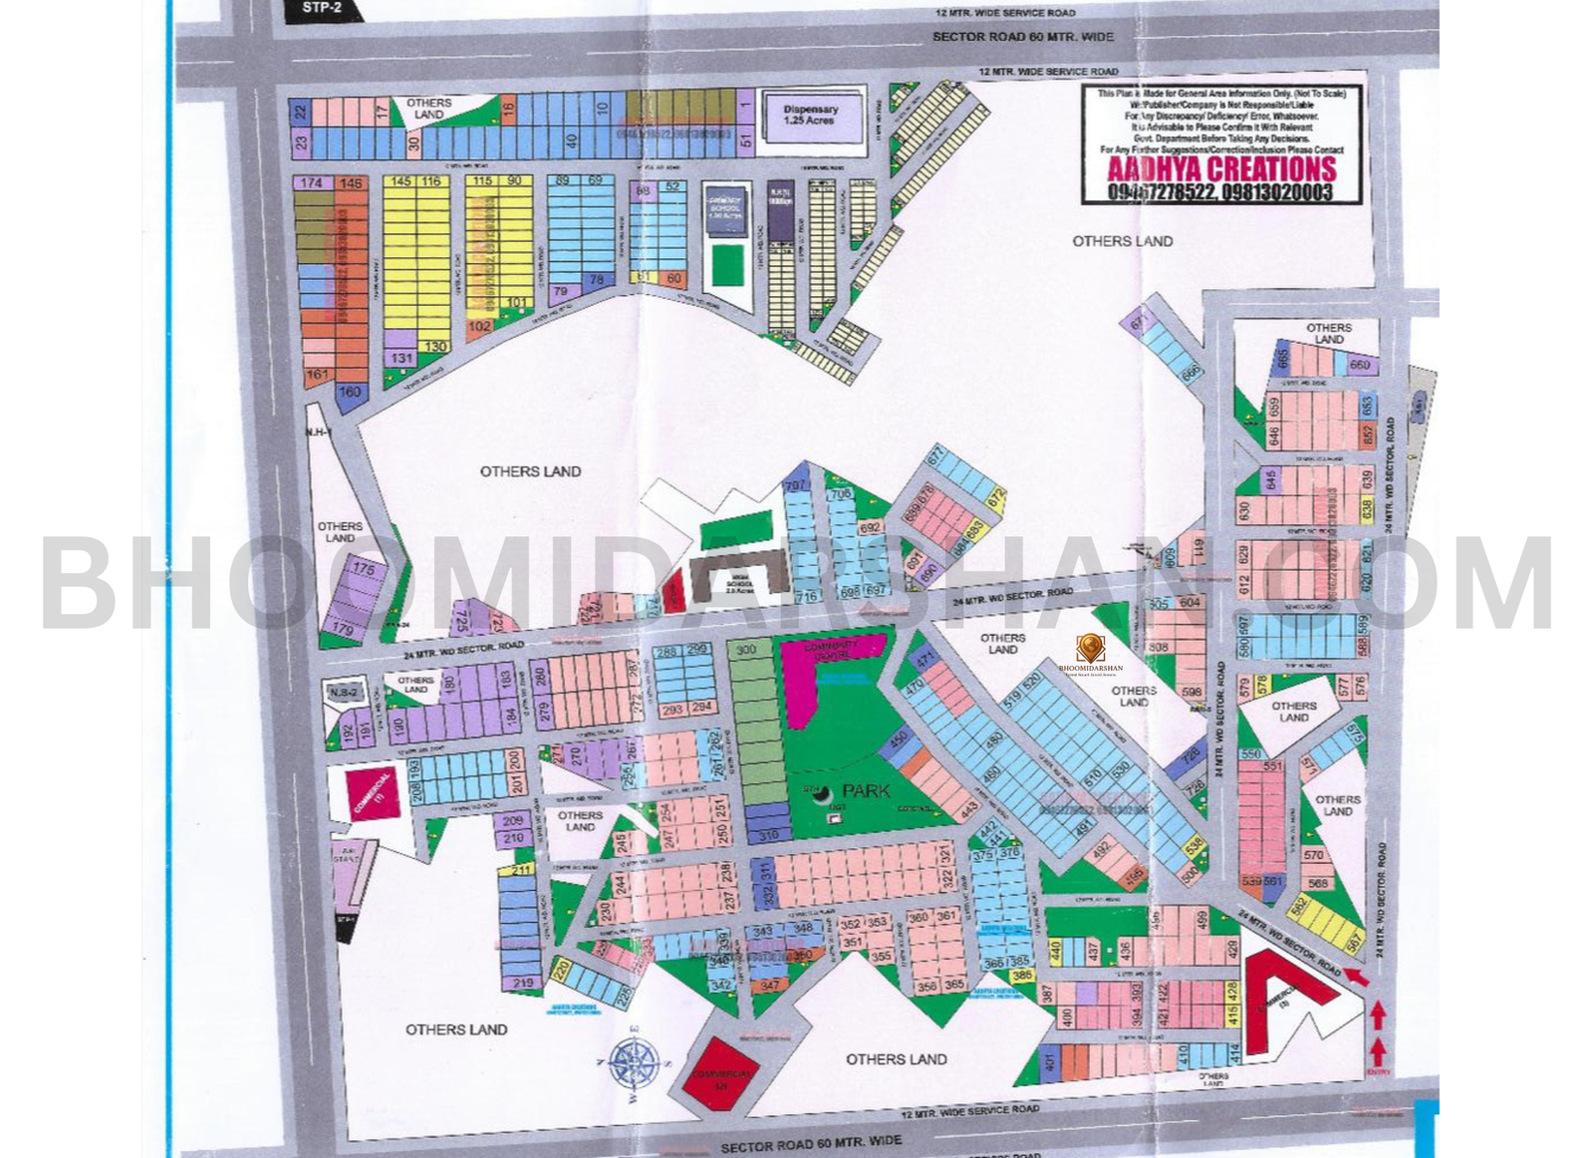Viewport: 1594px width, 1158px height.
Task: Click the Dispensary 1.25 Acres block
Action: pos(811,116)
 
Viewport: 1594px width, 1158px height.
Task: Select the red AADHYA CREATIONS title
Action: pos(1221,169)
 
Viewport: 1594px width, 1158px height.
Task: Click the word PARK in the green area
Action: pos(866,790)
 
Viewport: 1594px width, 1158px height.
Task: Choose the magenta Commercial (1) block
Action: pos(372,793)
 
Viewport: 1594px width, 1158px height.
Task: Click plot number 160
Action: pos(350,393)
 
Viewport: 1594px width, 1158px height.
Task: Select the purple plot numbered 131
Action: pos(401,358)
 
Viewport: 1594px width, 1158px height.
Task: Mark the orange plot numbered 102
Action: pos(479,326)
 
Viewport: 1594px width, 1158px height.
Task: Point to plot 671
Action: pos(1140,320)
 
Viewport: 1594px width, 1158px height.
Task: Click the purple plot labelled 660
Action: pos(1360,365)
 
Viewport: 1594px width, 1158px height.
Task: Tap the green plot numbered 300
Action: pos(744,650)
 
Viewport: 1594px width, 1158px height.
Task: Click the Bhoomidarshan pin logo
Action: pos(1091,649)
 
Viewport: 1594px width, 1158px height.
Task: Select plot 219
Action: pos(523,983)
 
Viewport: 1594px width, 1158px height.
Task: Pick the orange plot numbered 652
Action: pos(1368,434)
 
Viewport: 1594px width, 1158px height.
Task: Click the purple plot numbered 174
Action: pos(311,183)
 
